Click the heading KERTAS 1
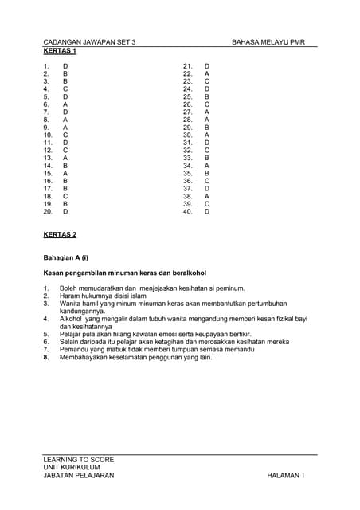tap(60, 50)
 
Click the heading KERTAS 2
tap(60, 235)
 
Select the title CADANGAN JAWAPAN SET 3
tap(89, 41)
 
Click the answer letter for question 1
tap(65, 66)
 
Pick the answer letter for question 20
tap(65, 211)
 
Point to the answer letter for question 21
tap(207, 66)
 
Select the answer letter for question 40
tap(207, 211)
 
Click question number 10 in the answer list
tap(48, 135)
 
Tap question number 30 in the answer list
tap(188, 135)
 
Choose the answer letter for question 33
tap(207, 158)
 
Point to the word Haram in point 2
tap(71, 296)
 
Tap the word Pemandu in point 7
tap(75, 349)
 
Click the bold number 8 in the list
tap(46, 357)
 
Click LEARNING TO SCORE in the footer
tap(79, 460)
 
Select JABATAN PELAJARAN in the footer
tap(79, 476)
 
